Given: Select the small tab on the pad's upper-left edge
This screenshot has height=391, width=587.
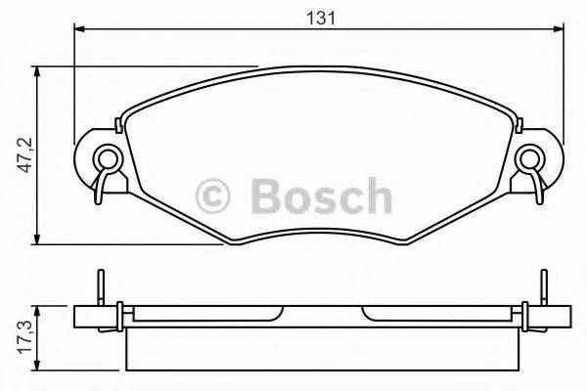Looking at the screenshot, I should tap(119, 122).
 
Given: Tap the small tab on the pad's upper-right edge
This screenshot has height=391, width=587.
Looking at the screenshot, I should tap(519, 122).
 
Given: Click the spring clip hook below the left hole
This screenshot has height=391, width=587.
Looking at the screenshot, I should tap(98, 193).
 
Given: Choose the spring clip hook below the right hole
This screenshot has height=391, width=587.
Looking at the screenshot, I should tap(537, 193).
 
